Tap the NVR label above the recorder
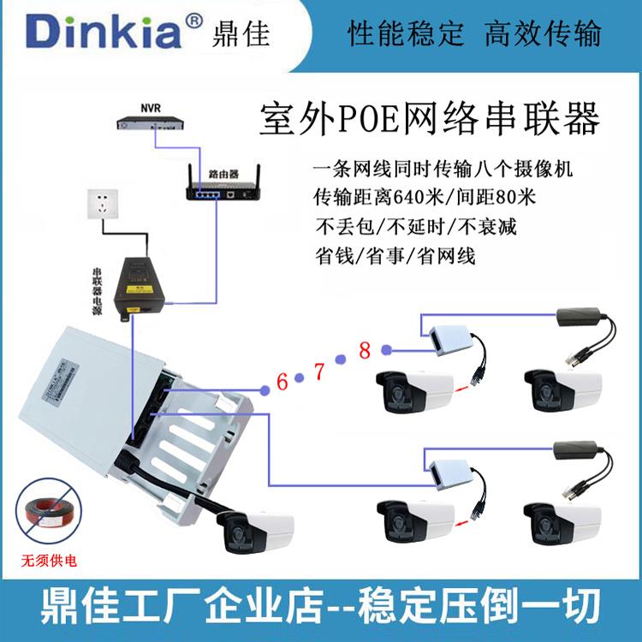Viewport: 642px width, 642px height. (x=150, y=109)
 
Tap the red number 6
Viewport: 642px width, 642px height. (x=282, y=383)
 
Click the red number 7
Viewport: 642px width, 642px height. (x=319, y=371)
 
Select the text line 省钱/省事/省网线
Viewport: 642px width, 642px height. (x=395, y=255)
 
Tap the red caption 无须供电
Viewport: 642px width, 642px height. (x=49, y=562)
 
